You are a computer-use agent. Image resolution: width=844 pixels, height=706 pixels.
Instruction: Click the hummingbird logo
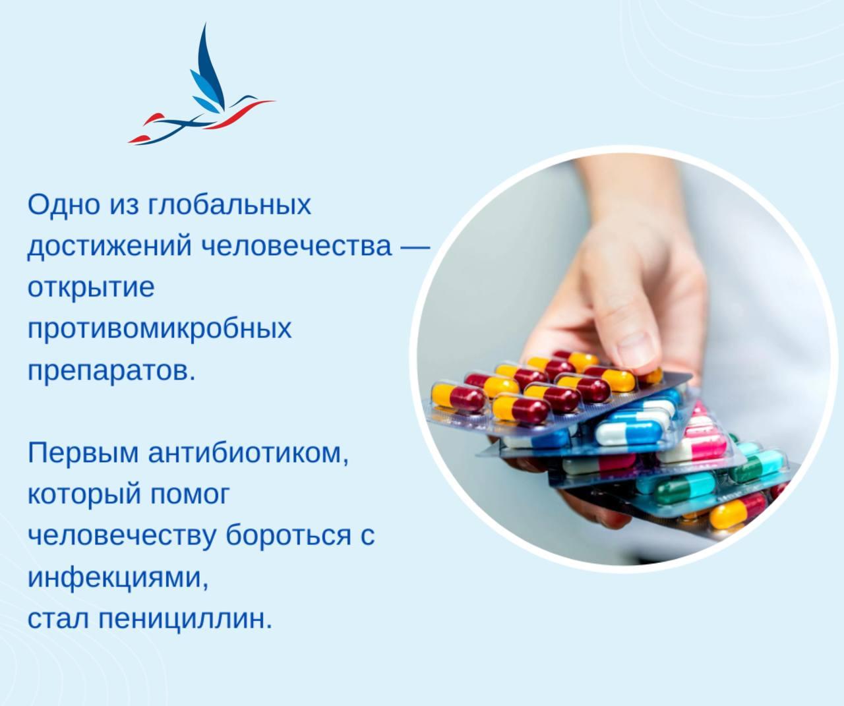click(201, 92)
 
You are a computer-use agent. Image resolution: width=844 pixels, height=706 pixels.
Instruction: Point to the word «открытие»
click(91, 287)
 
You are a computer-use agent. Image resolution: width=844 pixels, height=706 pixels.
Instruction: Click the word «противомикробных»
click(159, 328)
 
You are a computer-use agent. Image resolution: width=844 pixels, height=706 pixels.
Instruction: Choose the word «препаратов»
click(111, 370)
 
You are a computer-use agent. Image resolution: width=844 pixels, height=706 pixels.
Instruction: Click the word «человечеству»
click(122, 535)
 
